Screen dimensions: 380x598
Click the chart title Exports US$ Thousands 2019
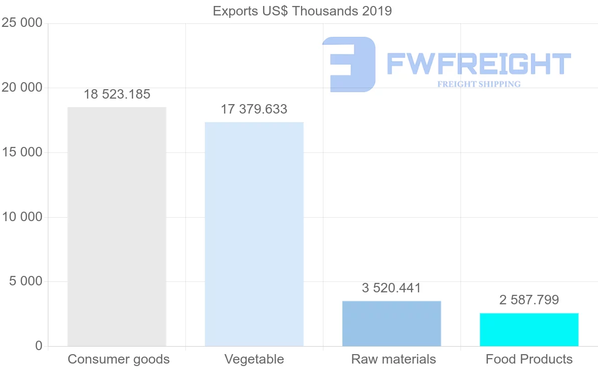click(302, 11)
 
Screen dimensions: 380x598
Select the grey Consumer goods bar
click(117, 227)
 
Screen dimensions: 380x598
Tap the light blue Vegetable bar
click(254, 234)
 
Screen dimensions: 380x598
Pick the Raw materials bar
click(392, 323)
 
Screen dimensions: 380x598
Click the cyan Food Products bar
click(529, 329)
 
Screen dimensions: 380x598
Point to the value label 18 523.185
click(117, 95)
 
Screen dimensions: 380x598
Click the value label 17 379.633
click(254, 110)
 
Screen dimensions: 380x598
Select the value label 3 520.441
click(392, 288)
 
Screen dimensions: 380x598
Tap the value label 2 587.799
click(529, 300)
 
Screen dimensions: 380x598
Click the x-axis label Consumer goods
click(119, 359)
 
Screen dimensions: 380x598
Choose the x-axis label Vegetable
click(254, 359)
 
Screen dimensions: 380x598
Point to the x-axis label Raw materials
click(394, 359)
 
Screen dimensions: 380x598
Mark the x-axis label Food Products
click(529, 359)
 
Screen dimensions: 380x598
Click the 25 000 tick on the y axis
click(22, 23)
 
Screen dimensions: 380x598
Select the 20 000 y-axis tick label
click(22, 88)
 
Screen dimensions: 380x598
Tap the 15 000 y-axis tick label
click(22, 153)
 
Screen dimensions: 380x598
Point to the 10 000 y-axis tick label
click(22, 217)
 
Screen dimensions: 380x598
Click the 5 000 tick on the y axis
click(26, 282)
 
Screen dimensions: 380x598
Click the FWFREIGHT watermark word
click(478, 64)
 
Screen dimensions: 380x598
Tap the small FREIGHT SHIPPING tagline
click(479, 84)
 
